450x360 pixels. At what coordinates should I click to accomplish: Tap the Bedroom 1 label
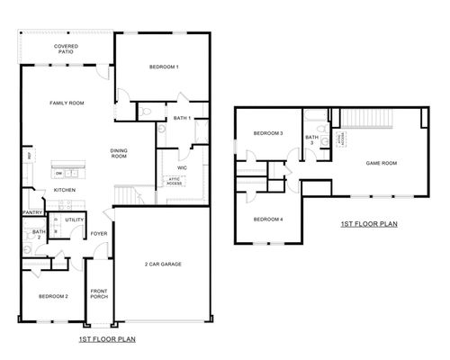pyautogui.click(x=165, y=67)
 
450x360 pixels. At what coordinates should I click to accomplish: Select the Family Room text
pyautogui.click(x=67, y=103)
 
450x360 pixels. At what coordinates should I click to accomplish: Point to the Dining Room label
pyautogui.click(x=120, y=153)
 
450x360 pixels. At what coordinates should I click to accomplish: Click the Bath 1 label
pyautogui.click(x=182, y=118)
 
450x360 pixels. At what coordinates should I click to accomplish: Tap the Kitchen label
pyautogui.click(x=64, y=191)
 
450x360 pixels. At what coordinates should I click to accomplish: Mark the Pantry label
pyautogui.click(x=34, y=213)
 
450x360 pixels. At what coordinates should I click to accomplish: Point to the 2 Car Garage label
pyautogui.click(x=163, y=264)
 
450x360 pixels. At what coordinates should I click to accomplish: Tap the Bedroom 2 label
pyautogui.click(x=53, y=296)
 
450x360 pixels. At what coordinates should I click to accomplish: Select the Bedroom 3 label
pyautogui.click(x=268, y=134)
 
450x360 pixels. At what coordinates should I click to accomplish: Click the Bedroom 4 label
pyautogui.click(x=268, y=220)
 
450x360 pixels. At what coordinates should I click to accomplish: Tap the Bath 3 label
pyautogui.click(x=312, y=139)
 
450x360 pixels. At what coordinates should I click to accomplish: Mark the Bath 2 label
pyautogui.click(x=39, y=235)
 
